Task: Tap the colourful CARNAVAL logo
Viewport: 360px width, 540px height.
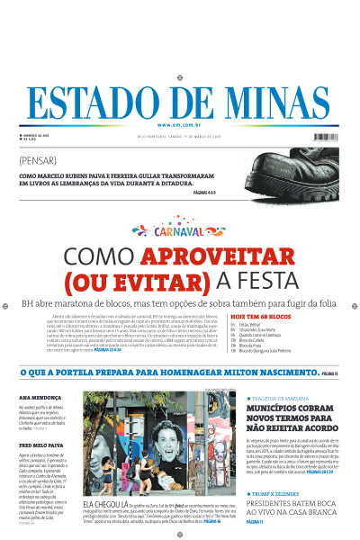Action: pos(180,231)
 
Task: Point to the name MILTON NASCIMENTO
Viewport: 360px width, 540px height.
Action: pos(266,372)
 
